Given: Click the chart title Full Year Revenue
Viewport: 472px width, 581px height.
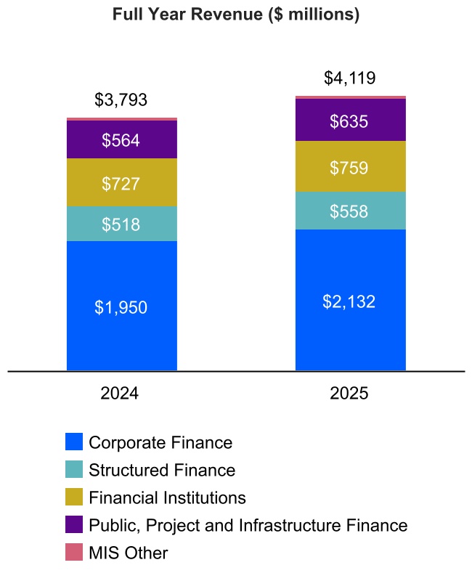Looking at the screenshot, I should coord(236,15).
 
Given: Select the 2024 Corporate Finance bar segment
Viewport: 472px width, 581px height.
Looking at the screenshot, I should coord(121,306).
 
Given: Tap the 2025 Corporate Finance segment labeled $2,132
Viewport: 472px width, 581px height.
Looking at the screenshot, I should coord(350,300).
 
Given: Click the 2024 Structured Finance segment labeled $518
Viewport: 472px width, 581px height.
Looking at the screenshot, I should coord(121,224).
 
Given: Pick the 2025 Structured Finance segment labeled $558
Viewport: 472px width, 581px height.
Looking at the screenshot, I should coord(350,211).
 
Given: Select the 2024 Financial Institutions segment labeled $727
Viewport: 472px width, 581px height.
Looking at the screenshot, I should coord(121,183).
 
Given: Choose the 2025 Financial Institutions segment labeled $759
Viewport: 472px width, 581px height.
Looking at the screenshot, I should coord(350,167).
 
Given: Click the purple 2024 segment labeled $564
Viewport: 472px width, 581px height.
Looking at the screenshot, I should coord(121,139).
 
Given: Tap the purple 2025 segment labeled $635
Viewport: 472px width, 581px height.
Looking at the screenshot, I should coord(350,121).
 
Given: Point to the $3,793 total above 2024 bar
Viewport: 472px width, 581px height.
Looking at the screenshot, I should coord(121,100).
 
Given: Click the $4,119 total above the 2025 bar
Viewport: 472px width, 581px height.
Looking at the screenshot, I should coord(350,78).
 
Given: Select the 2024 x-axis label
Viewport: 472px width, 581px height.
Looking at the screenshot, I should coord(121,394).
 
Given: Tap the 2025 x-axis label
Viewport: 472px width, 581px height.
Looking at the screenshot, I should coord(350,394).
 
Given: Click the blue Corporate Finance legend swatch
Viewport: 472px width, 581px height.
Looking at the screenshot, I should coord(73,442).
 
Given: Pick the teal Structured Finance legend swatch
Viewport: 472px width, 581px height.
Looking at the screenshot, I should coord(73,469).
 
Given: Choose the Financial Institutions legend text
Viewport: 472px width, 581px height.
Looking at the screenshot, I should coord(167,497).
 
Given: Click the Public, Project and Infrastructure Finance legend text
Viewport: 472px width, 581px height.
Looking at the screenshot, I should coord(248,525).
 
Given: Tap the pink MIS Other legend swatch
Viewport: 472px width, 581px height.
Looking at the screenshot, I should coord(73,553).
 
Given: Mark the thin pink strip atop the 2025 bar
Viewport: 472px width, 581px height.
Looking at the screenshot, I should coord(350,97).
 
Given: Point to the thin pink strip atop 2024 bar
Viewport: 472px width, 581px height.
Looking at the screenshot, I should coord(121,119).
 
